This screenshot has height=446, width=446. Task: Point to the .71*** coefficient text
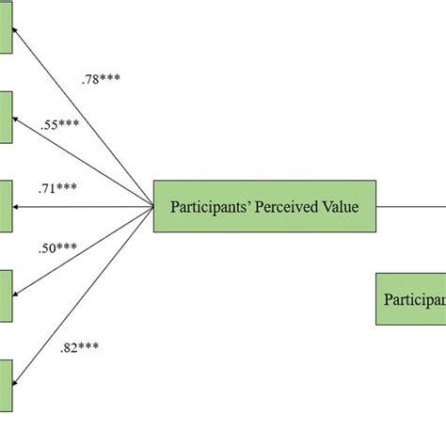(57, 188)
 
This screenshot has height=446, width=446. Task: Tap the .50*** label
(57, 248)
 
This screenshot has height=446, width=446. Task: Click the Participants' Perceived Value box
(264, 206)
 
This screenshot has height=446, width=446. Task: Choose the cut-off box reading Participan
(411, 299)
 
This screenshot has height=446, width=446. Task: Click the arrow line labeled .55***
(85, 163)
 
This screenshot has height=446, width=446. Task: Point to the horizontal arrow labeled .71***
(85, 206)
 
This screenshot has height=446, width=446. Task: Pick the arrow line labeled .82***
(85, 295)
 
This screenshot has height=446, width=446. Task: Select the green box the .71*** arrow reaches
(5, 206)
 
